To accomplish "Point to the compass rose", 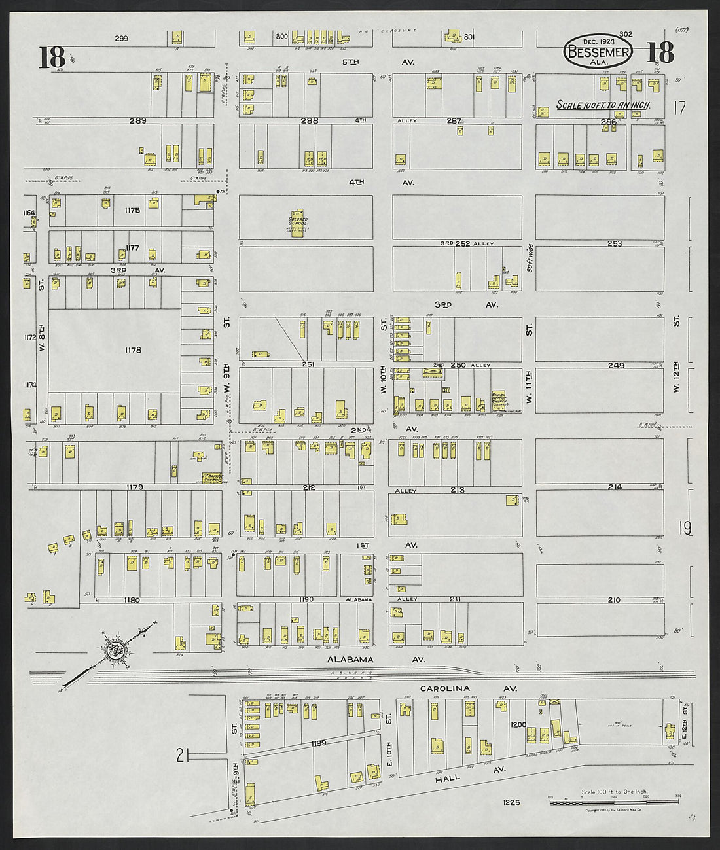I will point(117,650).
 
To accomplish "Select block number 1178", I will point(133,350).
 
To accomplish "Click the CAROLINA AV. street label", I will point(469,688).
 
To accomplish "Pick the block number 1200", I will point(518,725).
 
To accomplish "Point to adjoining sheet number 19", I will point(685,527).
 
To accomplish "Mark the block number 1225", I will point(512,802).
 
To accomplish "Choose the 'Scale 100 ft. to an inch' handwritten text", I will point(603,105).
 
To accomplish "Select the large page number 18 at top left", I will point(52,57).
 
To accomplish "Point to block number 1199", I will point(318,743).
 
